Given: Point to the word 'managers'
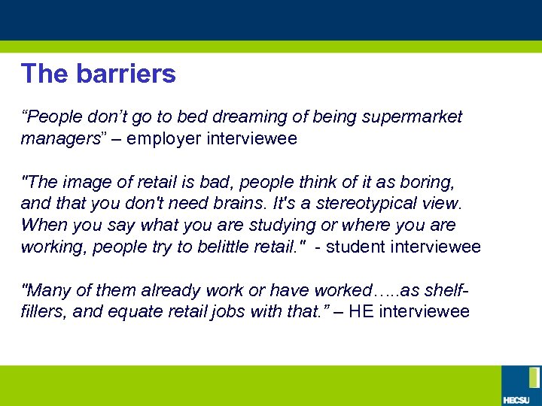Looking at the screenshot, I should (x=59, y=139).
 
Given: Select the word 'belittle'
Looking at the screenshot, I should (x=219, y=247).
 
